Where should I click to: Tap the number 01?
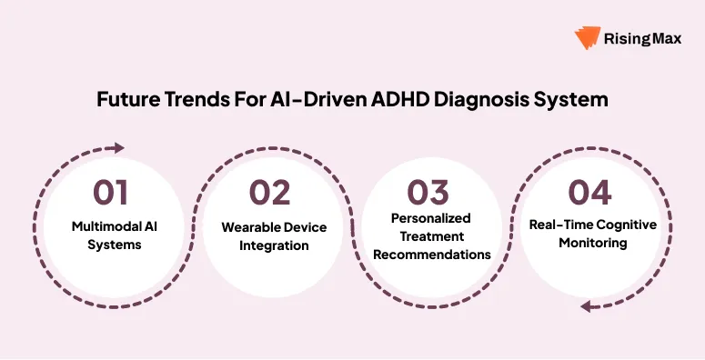110,193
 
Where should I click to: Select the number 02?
271,193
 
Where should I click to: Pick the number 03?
428,193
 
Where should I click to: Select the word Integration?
273,245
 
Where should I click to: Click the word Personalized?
431,219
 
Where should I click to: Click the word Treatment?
431,236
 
